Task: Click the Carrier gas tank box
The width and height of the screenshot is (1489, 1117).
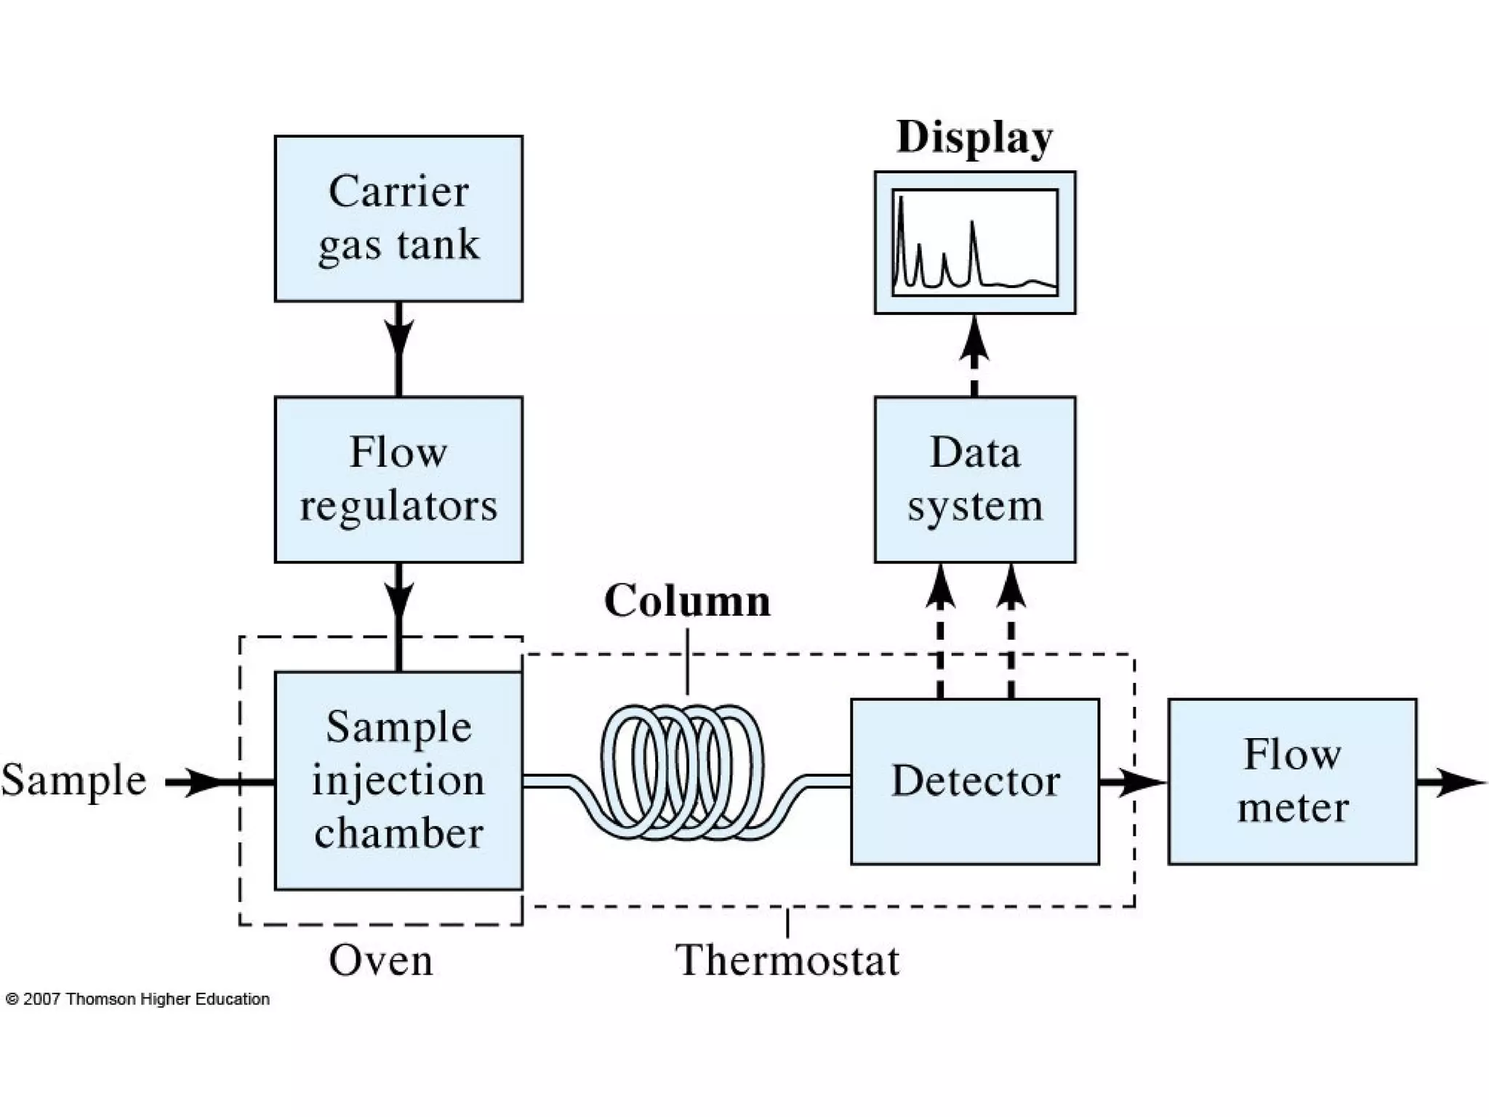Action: coord(398,218)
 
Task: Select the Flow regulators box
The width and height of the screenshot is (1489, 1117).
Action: coord(398,479)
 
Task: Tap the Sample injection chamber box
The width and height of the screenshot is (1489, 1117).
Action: coord(398,780)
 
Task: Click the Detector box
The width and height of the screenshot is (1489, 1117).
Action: coord(974,781)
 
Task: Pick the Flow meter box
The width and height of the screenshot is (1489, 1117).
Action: coord(1292,781)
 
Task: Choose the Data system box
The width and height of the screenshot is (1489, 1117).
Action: coord(974,479)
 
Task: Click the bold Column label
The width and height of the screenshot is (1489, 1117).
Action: coord(687,601)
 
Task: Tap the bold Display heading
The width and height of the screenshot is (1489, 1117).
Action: coord(974,137)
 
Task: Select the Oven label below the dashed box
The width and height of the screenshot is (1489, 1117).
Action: coord(381,960)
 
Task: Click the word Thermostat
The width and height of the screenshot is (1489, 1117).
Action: coord(787,960)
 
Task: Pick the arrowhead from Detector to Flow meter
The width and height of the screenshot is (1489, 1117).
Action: coord(1141,782)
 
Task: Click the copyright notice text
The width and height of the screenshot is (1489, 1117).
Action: coord(137,999)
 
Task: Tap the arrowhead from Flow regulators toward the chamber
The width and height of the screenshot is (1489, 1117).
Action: coord(398,599)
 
